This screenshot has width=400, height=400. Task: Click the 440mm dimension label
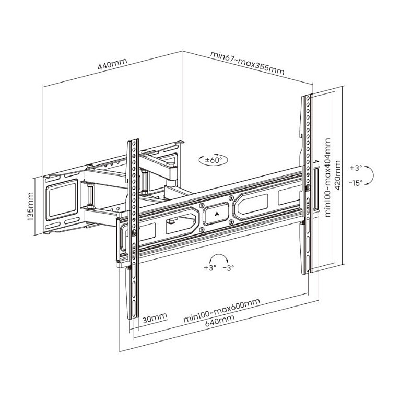click(112, 66)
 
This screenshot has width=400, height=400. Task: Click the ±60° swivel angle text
click(214, 160)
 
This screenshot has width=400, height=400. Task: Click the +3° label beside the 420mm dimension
click(356, 168)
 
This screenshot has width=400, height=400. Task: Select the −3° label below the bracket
click(228, 268)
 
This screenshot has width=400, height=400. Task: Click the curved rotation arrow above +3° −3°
click(219, 258)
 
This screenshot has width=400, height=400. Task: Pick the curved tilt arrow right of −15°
click(368, 175)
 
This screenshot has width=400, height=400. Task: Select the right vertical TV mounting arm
click(308, 183)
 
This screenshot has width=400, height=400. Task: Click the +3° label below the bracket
click(210, 268)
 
